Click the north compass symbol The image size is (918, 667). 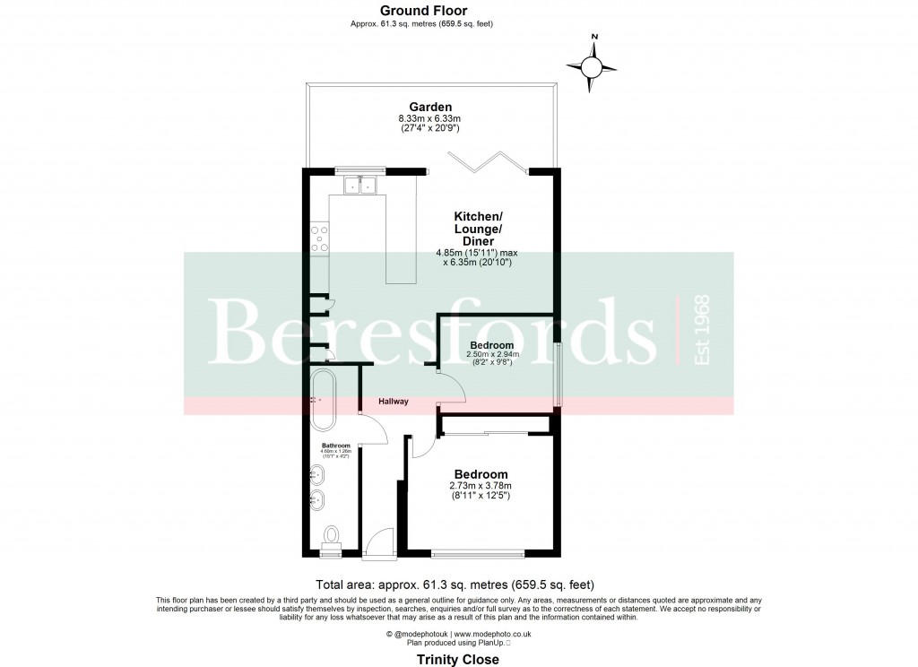(x=592, y=65)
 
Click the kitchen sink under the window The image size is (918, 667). (x=359, y=186)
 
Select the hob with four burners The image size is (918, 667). (x=320, y=238)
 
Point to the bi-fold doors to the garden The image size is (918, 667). (x=486, y=162)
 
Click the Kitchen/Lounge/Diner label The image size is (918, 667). (x=478, y=230)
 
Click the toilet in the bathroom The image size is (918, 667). (x=333, y=537)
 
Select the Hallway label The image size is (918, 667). (x=393, y=402)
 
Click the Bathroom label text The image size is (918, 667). (x=335, y=445)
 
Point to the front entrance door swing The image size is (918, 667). (x=381, y=540)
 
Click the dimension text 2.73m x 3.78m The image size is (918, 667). (x=481, y=487)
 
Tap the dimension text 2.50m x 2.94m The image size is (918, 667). (x=491, y=355)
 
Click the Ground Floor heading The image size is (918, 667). (x=423, y=11)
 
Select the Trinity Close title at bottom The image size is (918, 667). (x=458, y=659)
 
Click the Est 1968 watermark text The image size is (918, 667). (x=701, y=329)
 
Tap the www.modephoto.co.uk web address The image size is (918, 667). (x=495, y=634)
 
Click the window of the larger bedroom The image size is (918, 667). (x=478, y=551)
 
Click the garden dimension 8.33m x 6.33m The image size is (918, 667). (x=429, y=118)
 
